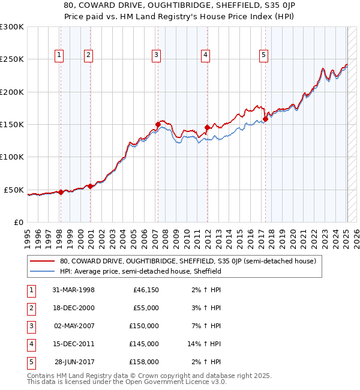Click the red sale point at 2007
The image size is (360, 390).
(158, 125)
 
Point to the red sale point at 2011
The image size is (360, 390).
(207, 127)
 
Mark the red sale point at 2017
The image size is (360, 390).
(265, 119)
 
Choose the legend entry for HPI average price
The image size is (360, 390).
(140, 271)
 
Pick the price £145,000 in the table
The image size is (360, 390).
(144, 344)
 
